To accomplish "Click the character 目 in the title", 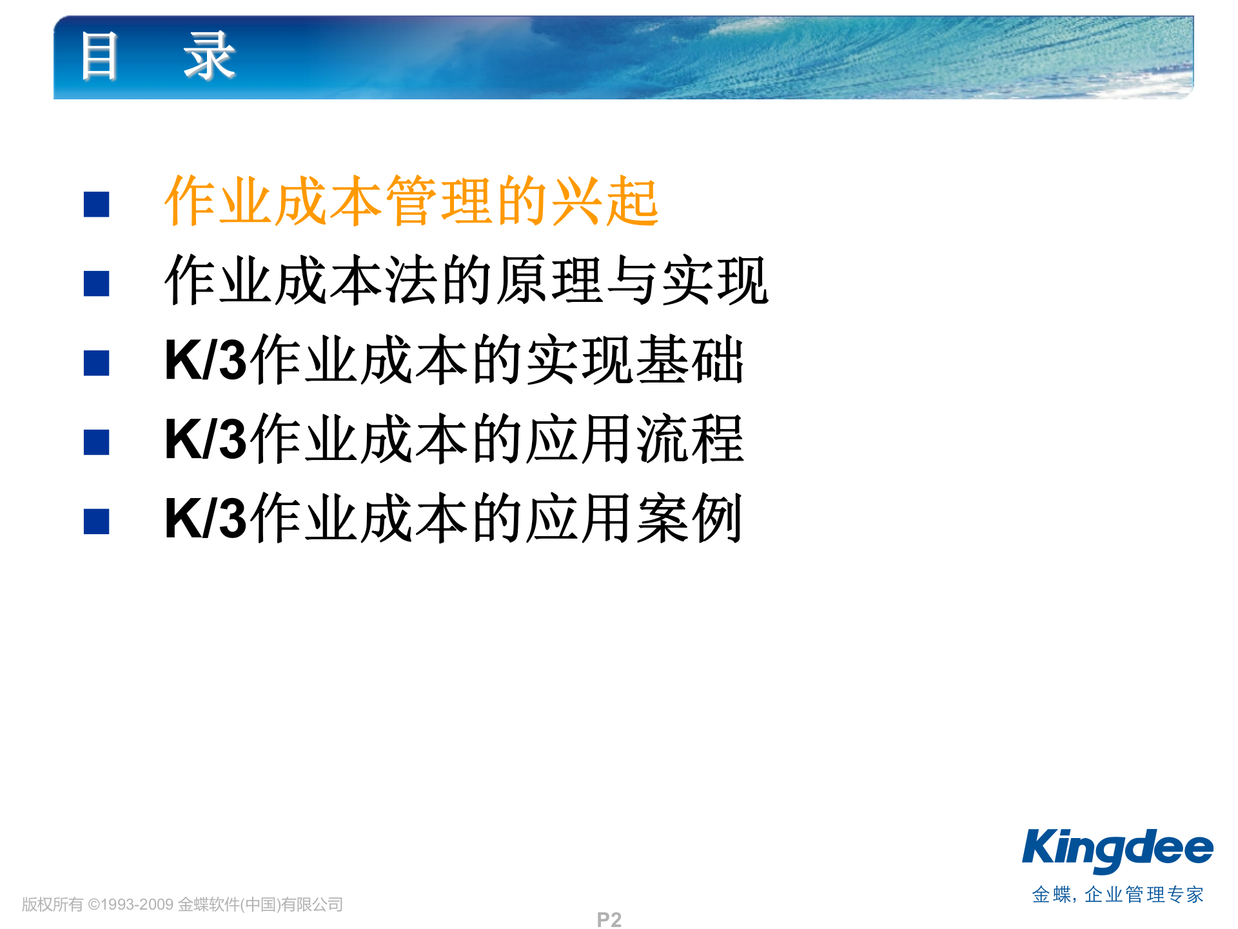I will coord(99,57).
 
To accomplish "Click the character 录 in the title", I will coord(209,57).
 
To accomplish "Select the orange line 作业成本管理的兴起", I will coord(411,201).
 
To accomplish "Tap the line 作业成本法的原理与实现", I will coord(466,281).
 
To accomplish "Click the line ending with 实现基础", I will coord(454,360).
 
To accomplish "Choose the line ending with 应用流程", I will coord(454,439).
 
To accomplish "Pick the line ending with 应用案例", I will coord(454,519).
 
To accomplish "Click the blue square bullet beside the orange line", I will coord(97,205).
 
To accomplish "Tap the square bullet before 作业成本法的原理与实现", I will coord(97,284).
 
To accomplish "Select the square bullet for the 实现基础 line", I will coord(97,363).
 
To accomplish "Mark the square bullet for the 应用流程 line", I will coord(97,443).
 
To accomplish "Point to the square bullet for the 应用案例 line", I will coord(97,522).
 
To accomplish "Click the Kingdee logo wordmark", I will coord(1117,849).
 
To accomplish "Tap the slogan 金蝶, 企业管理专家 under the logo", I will coord(1117,895).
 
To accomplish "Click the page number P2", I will coord(609,919).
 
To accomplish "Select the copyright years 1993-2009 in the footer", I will coord(137,904).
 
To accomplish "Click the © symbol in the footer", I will coord(93,904).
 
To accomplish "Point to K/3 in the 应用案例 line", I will coord(205,519).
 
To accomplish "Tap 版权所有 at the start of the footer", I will coord(52,904).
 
